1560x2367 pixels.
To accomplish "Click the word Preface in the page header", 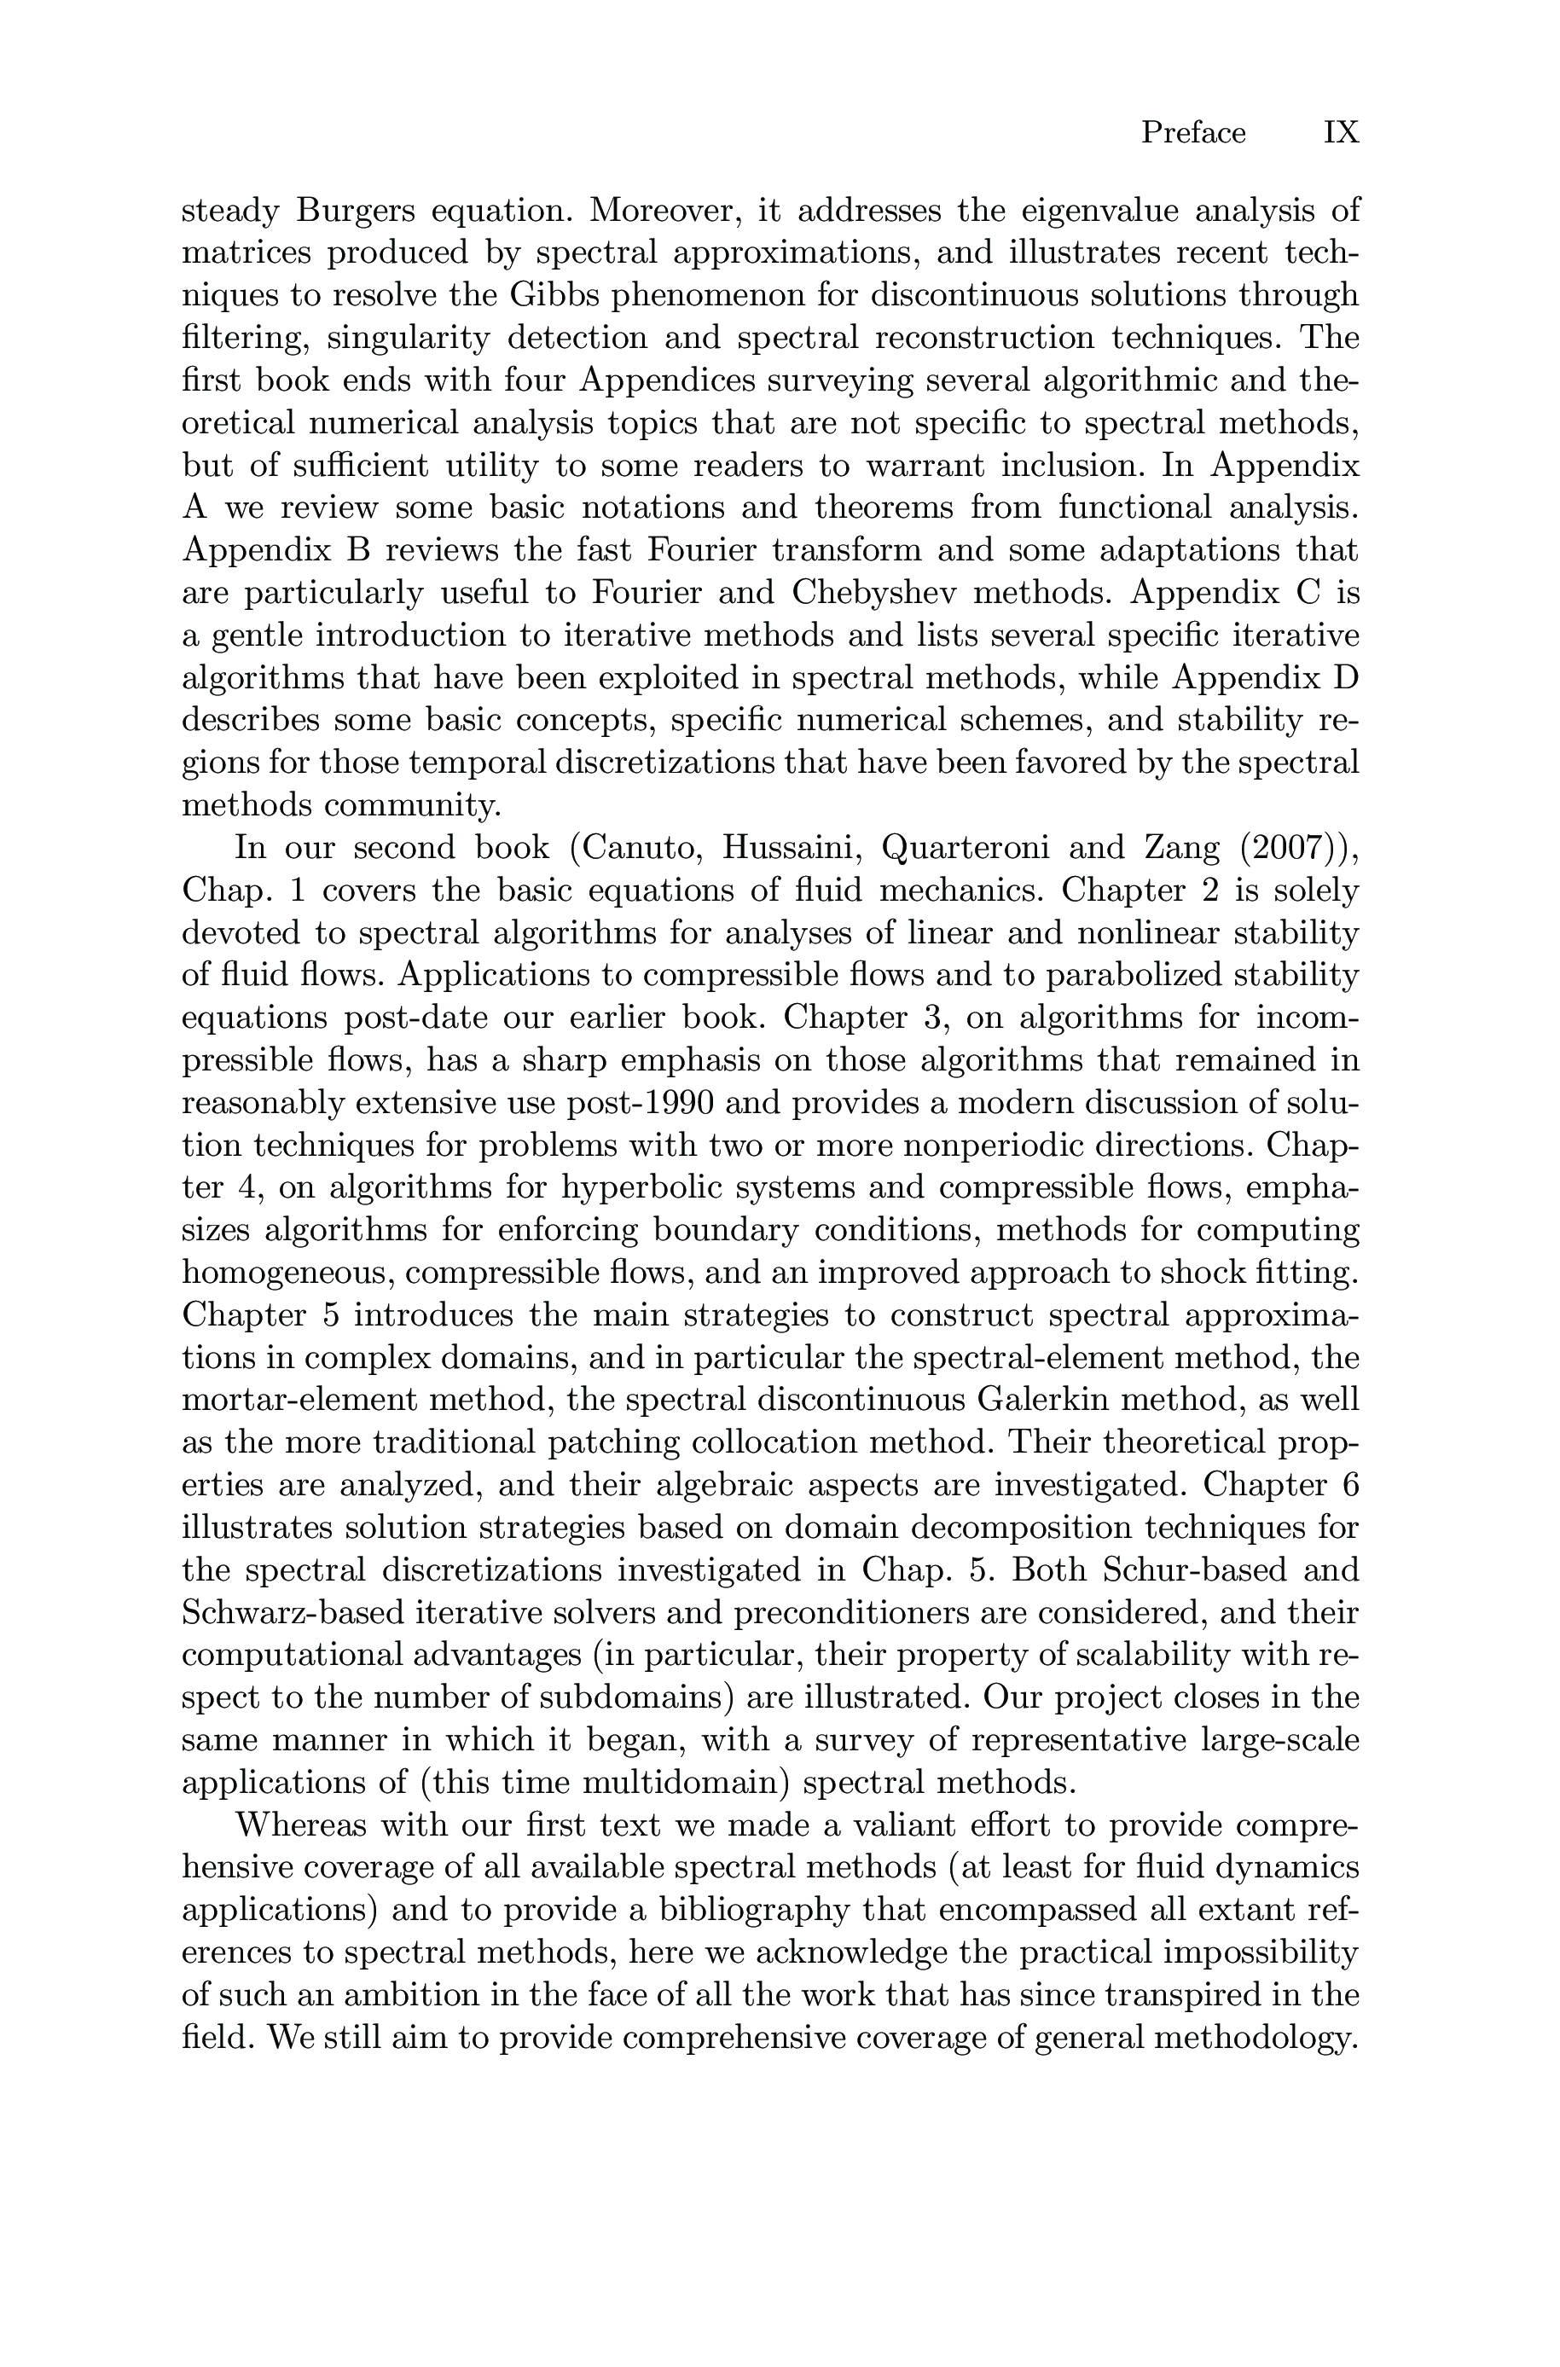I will click(1192, 132).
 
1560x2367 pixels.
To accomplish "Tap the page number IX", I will click(1340, 132).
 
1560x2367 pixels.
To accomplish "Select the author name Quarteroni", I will click(968, 848).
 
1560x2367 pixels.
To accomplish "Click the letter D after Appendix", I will click(1345, 677).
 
